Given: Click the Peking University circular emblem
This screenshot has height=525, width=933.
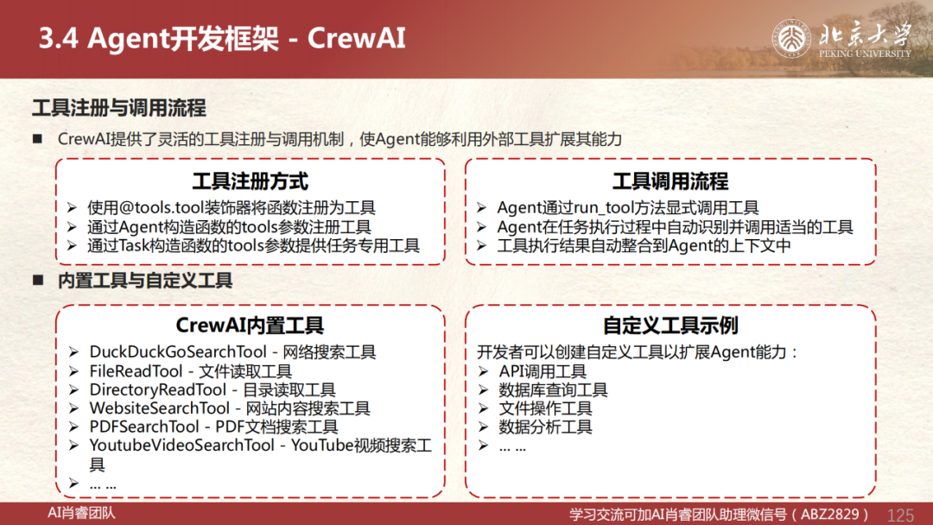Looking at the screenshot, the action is click(791, 39).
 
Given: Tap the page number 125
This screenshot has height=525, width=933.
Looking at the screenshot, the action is click(899, 515).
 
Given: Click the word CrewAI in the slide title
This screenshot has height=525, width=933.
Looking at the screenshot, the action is click(357, 38).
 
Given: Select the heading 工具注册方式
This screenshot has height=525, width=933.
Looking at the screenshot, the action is click(251, 181).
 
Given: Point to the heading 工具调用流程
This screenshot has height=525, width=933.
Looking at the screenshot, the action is click(670, 181).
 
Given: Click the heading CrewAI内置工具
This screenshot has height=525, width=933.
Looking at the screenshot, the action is click(250, 326).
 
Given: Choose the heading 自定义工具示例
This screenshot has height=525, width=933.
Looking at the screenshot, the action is click(670, 326).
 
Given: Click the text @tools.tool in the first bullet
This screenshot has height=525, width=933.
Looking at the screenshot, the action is click(161, 207).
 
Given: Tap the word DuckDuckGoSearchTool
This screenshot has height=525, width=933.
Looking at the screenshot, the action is click(178, 352).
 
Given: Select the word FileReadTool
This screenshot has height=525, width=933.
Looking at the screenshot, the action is click(136, 371).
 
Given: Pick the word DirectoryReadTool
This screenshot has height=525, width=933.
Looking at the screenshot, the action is click(158, 389).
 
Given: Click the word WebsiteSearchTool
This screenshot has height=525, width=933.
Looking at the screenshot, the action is click(160, 408).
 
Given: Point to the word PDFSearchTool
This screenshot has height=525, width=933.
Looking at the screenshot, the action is click(144, 427).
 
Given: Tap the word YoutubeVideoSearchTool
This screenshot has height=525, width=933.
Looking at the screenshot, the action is click(182, 446).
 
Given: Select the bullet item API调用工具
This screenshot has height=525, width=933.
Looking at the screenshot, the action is click(543, 371).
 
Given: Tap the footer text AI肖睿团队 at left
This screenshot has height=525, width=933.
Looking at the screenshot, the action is click(81, 513).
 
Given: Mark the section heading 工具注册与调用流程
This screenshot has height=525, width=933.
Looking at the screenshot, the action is click(119, 108).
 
